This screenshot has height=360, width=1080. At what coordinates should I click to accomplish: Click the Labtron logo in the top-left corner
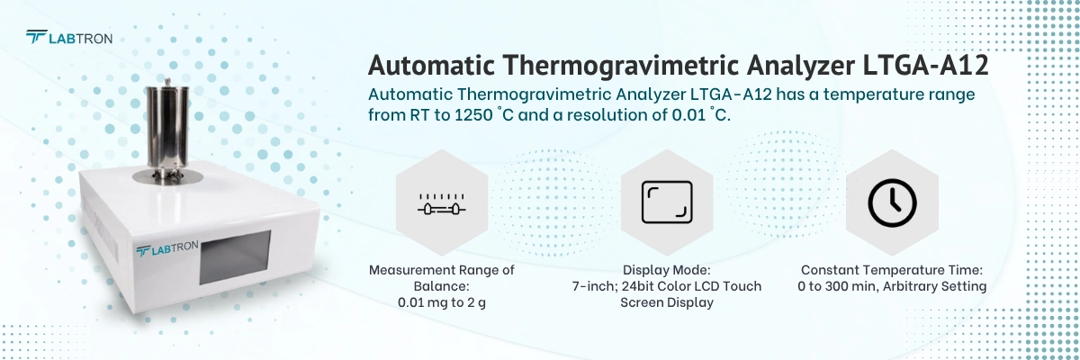(68, 38)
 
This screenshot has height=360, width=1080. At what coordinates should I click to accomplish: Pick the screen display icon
(667, 202)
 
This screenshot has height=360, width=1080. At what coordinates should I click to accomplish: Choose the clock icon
(892, 202)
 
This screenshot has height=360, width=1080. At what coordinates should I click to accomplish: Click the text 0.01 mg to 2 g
(441, 302)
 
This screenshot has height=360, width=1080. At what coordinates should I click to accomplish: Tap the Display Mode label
(667, 269)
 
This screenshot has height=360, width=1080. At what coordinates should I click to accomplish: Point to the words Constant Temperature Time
(892, 269)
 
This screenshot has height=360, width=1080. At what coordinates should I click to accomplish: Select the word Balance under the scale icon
(442, 286)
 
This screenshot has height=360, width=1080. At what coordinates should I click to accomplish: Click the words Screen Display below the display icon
(667, 302)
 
